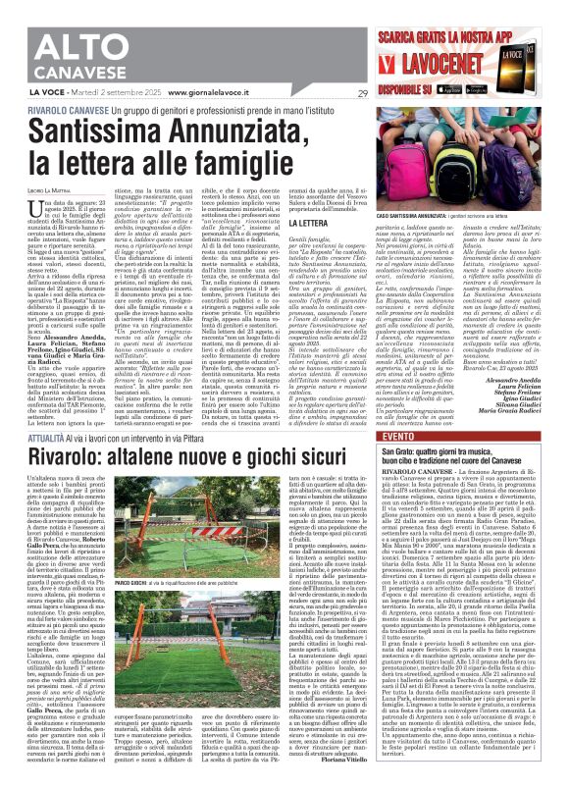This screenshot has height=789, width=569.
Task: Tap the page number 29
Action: coord(363,92)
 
